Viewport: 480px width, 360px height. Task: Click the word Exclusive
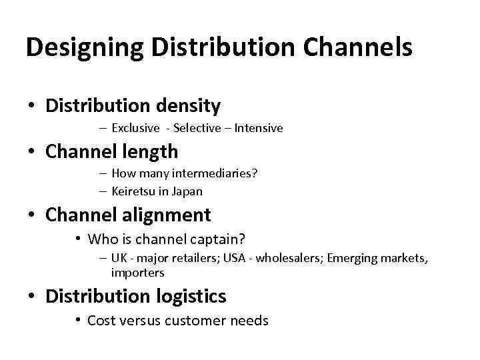pyautogui.click(x=135, y=127)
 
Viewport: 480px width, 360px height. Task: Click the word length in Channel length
pyautogui.click(x=149, y=151)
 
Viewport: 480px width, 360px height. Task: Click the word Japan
pyautogui.click(x=187, y=191)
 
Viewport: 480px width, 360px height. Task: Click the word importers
pyautogui.click(x=137, y=273)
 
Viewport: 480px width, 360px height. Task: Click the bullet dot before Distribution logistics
pyautogui.click(x=31, y=297)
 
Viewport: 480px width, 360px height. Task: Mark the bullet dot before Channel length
pyautogui.click(x=31, y=152)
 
